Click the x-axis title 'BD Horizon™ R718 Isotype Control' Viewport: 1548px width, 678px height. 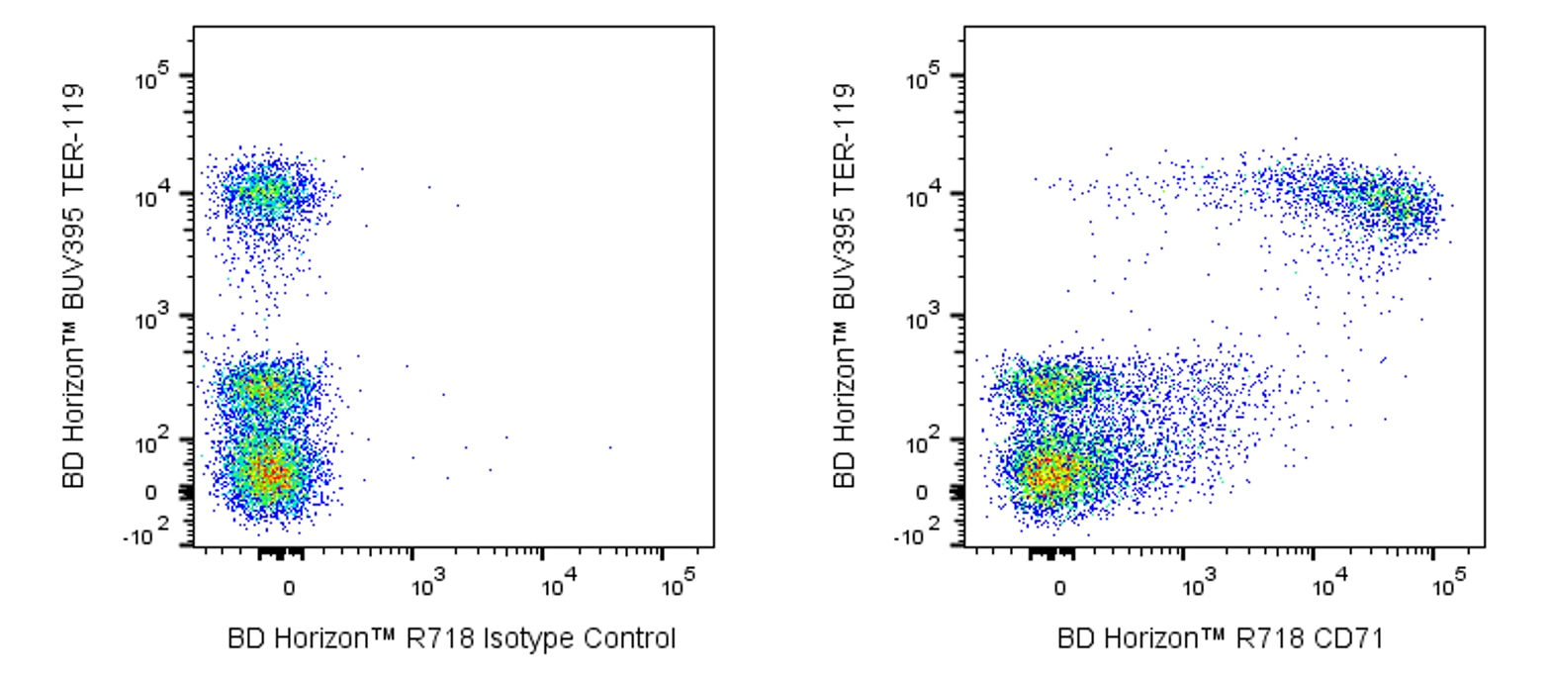[452, 639]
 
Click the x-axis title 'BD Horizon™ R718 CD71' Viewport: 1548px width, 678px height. [1221, 639]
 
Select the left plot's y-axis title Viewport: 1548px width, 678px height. [75, 285]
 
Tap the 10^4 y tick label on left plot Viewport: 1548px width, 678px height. [157, 195]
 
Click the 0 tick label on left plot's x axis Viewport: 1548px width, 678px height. [289, 588]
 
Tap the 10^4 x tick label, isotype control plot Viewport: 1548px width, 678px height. [556, 585]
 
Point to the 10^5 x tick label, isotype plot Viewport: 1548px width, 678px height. [677, 585]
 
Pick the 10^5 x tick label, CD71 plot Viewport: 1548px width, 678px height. [1448, 585]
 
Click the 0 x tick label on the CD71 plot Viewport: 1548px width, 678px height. [1060, 588]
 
